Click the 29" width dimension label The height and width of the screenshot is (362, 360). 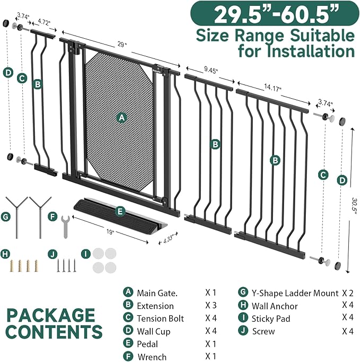122,46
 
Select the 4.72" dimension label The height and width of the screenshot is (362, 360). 45,22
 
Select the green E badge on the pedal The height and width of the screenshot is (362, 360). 120,211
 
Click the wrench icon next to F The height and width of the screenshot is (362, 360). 66,227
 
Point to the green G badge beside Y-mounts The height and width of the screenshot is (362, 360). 6,217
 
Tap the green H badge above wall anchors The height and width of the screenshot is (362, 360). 6,254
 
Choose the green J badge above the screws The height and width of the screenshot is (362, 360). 52,254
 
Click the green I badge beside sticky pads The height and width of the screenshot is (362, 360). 86,254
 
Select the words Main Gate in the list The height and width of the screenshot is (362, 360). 157,292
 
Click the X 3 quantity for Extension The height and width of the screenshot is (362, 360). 210,306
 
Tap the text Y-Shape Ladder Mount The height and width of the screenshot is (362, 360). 296,292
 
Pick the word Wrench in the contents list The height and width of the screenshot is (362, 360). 152,357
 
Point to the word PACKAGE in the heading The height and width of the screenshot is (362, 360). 50,314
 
